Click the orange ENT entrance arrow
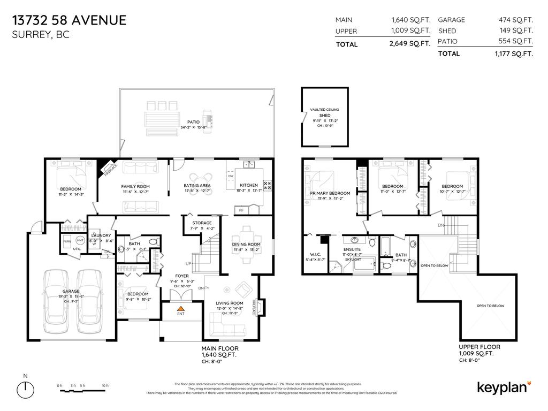pos(181,309)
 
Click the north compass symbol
pos(25,387)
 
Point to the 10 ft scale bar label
pos(105,385)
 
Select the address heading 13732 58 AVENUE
pos(69,21)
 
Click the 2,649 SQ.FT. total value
pos(410,44)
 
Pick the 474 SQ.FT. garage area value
pos(516,20)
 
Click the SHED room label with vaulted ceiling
pos(324,116)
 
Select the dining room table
pos(247,244)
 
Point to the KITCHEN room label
pos(248,186)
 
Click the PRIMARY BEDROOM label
pos(330,193)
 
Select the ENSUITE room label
pos(352,249)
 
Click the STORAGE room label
pos(202,223)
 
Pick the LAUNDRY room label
pos(101,235)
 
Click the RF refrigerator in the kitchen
pos(241,210)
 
